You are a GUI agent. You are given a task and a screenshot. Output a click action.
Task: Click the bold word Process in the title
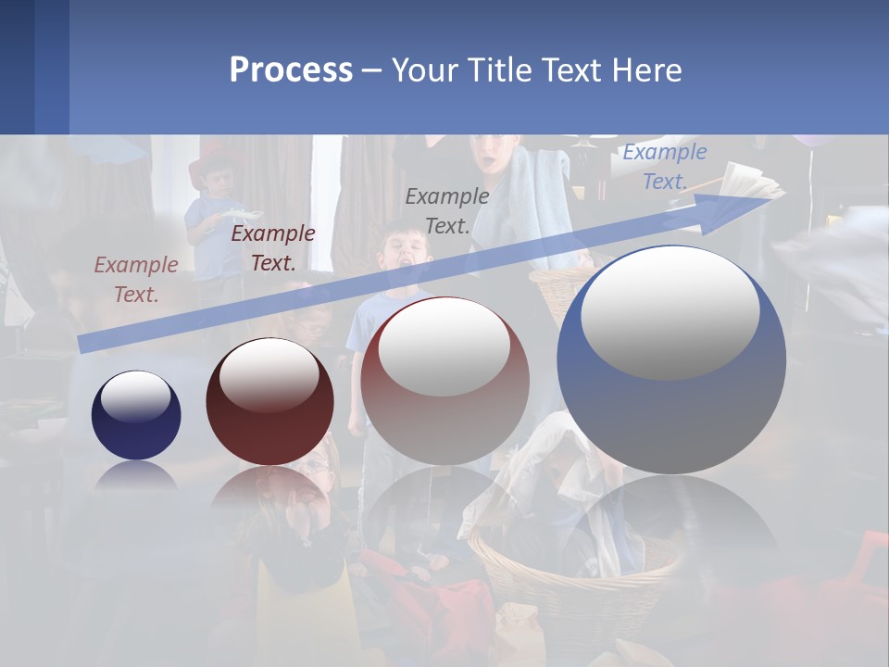(x=291, y=70)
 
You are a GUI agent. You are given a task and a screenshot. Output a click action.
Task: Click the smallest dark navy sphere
(x=136, y=416)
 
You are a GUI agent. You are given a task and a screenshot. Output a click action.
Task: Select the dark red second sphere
(x=269, y=402)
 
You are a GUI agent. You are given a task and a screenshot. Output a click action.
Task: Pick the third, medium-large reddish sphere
(x=444, y=382)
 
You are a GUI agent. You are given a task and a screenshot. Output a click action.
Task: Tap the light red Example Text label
(x=136, y=279)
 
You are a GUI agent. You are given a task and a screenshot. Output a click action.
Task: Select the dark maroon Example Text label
(x=273, y=248)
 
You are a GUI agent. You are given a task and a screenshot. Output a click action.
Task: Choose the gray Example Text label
(x=447, y=210)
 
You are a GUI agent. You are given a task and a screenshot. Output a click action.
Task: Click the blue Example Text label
(x=664, y=167)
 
